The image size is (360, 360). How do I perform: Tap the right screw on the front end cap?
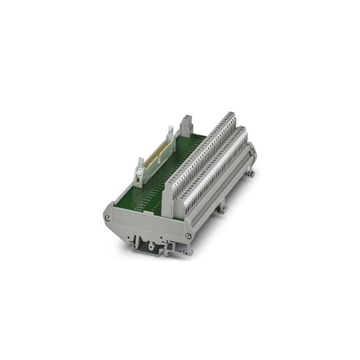pos(188,235)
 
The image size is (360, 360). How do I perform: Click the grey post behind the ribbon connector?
pos(186,126)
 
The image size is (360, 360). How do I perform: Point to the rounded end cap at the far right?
pos(252,148)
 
